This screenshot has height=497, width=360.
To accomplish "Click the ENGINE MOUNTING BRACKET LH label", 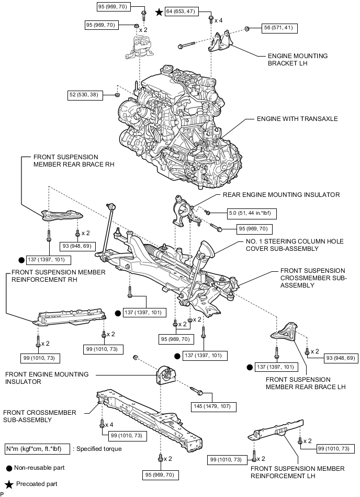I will [x=297, y=59].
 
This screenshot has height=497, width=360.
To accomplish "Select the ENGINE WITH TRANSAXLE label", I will [x=297, y=119].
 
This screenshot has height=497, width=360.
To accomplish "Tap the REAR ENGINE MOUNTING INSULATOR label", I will [x=281, y=194].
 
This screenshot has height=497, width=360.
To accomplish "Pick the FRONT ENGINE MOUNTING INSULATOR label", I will [x=47, y=378].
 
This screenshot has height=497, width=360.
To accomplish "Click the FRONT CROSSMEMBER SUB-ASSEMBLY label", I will [x=40, y=416].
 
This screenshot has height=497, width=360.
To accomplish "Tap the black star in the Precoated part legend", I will [x=8, y=484].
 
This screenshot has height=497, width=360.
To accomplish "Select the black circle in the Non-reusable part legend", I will [x=8, y=468].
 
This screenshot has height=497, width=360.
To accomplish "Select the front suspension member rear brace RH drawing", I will [x=62, y=215].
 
